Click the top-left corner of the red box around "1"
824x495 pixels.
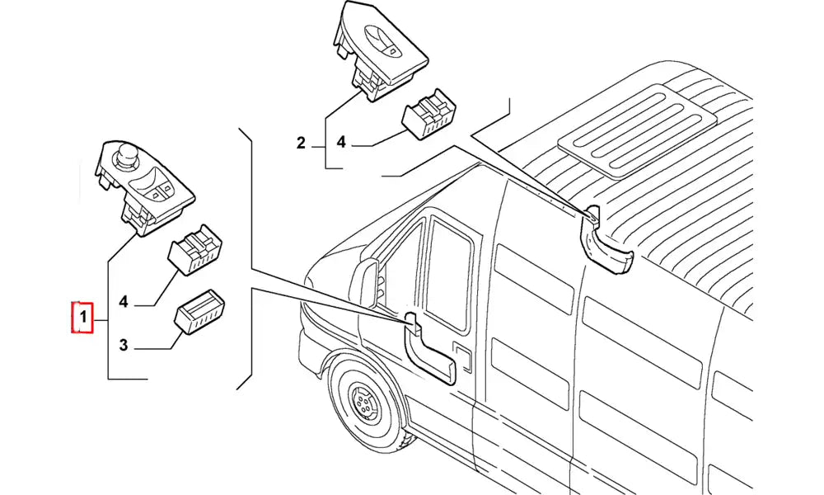pyautogui.click(x=72, y=303)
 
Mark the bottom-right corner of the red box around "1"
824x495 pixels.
pyautogui.click(x=93, y=333)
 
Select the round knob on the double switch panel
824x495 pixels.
pyautogui.click(x=126, y=154)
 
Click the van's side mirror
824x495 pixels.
pyautogui.click(x=370, y=282)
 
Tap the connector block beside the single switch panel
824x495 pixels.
pyautogui.click(x=430, y=114)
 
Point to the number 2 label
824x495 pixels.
pyautogui.click(x=301, y=143)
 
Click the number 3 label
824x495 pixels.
pyautogui.click(x=123, y=345)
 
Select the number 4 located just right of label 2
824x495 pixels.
pyautogui.click(x=341, y=142)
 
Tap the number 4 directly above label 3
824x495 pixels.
pyautogui.click(x=123, y=302)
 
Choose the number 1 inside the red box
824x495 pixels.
pyautogui.click(x=82, y=317)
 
